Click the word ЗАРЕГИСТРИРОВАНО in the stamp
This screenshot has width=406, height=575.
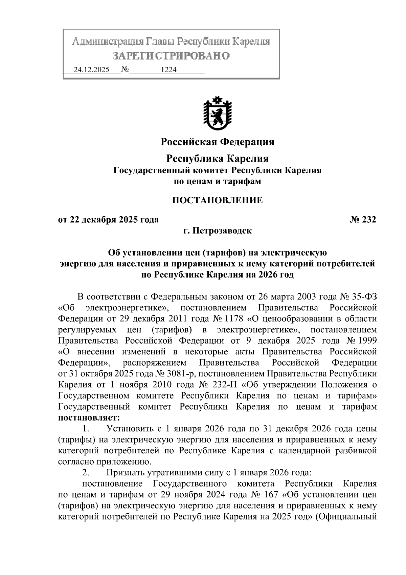tap(172, 56)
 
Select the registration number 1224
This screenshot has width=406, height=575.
tap(168, 70)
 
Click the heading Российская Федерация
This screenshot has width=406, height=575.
tap(217, 142)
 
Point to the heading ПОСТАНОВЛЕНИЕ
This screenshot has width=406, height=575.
tap(217, 200)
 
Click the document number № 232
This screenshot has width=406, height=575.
tap(363, 220)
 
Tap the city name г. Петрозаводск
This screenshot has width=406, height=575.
tap(217, 231)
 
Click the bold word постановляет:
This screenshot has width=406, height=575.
tap(89, 417)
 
